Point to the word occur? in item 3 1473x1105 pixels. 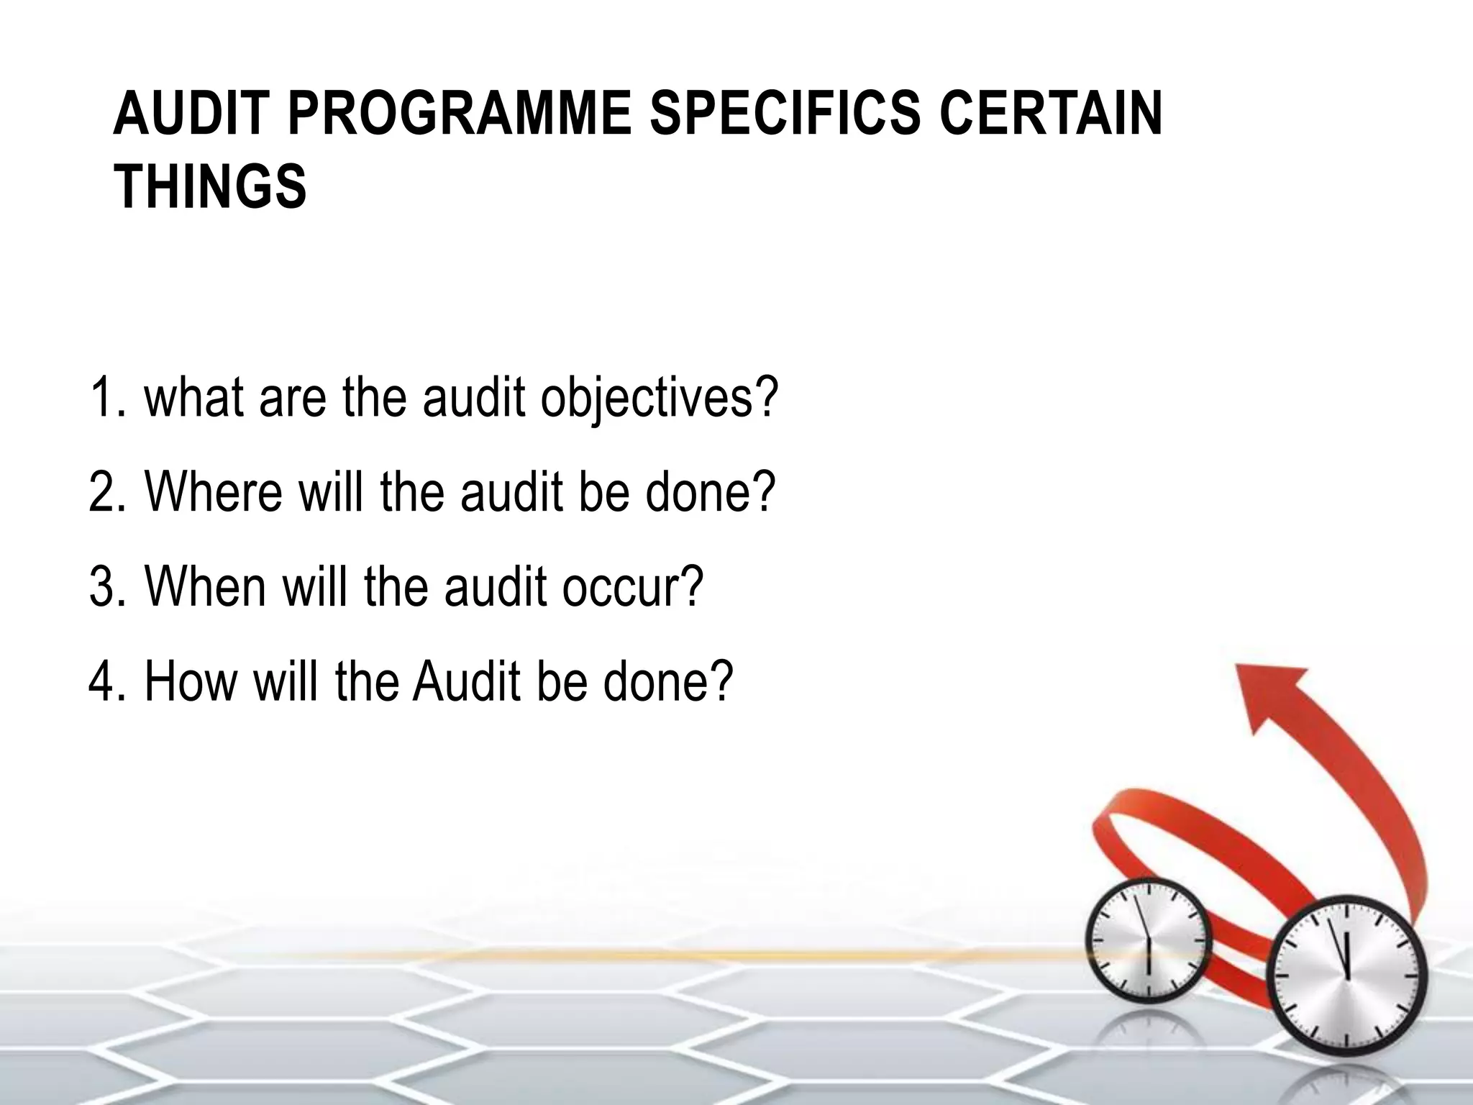pyautogui.click(x=632, y=586)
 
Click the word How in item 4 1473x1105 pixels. pyautogui.click(x=190, y=681)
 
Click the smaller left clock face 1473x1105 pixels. pyautogui.click(x=1148, y=941)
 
